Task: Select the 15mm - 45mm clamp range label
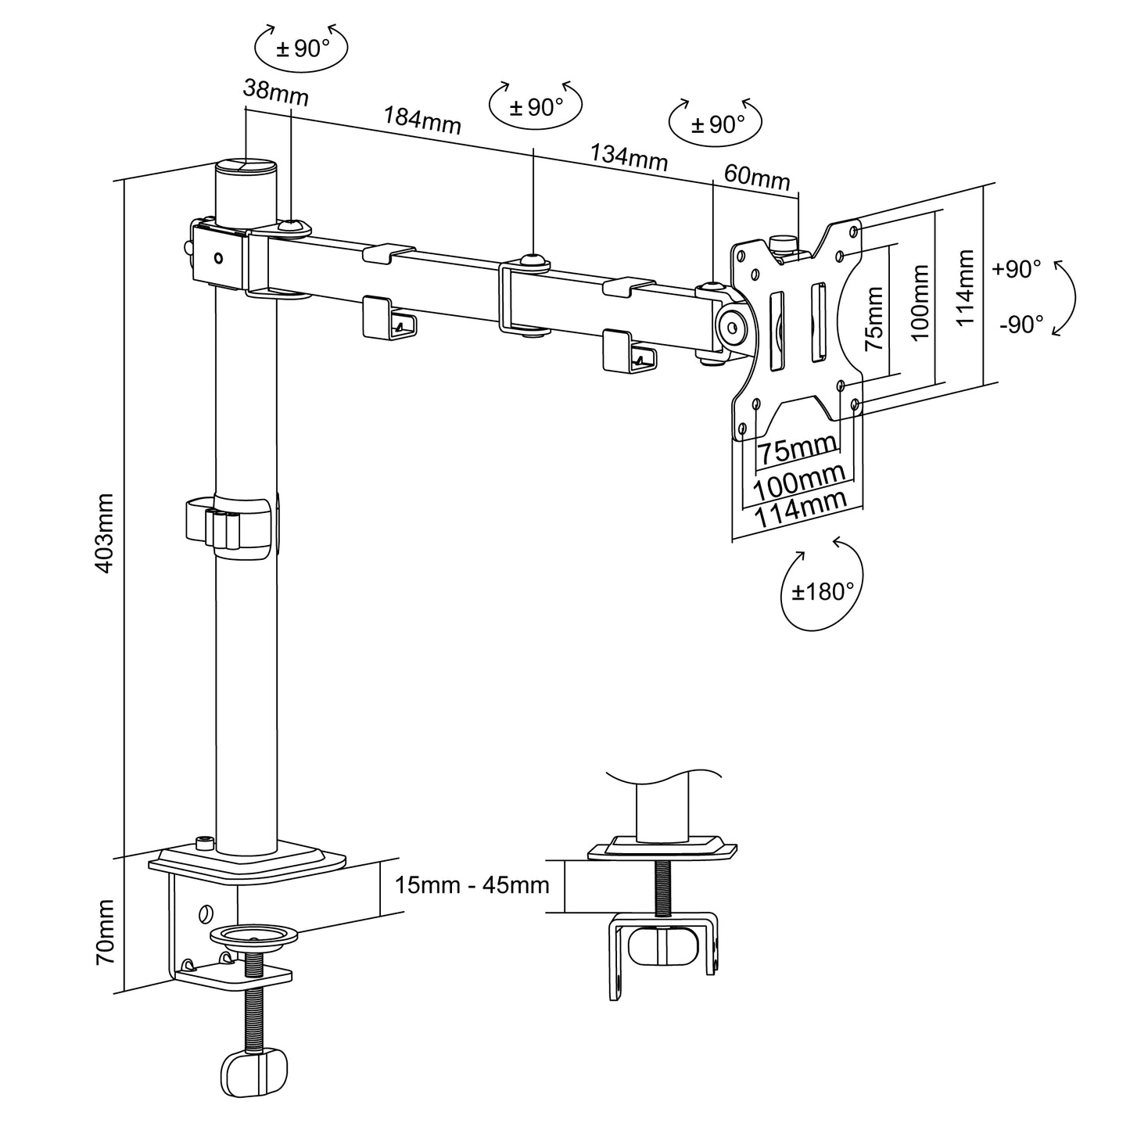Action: pos(472,885)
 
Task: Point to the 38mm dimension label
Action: pos(275,93)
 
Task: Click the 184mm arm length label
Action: pos(422,119)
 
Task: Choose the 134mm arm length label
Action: pos(629,157)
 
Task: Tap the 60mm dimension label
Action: pos(756,178)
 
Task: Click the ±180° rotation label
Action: pos(822,591)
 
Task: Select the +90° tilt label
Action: pos(1016,269)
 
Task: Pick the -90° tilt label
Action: pos(1021,324)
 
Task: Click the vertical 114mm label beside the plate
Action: pos(966,288)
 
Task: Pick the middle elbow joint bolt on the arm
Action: pos(532,260)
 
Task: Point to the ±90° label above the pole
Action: pos(302,48)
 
